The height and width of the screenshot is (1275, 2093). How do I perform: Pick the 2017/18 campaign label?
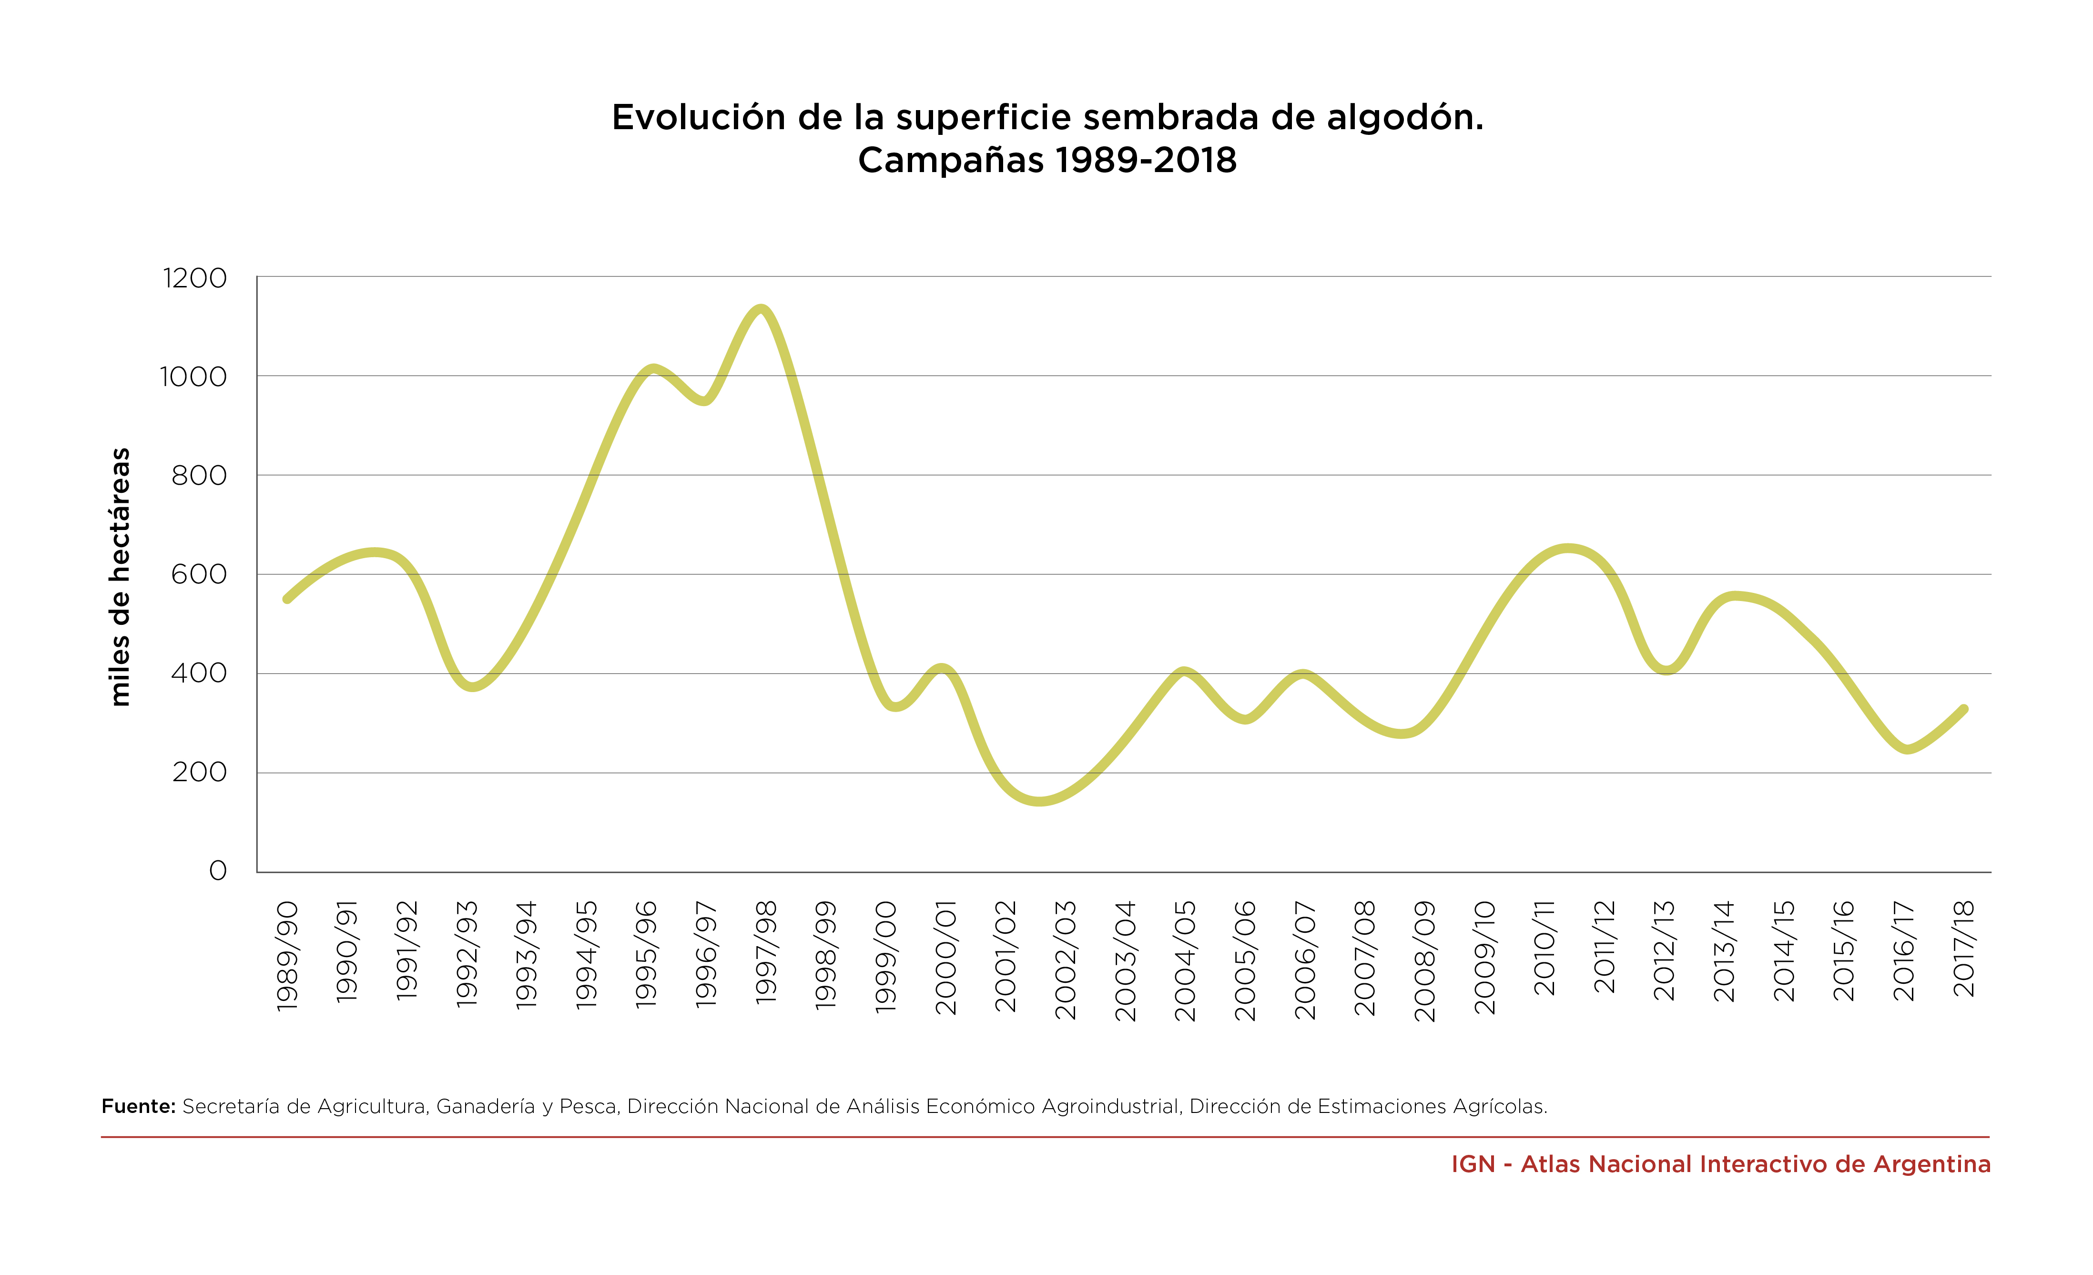(x=1964, y=949)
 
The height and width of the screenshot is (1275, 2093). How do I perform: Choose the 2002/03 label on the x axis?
(x=1065, y=960)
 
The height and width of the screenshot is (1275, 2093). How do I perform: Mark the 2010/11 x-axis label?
(x=1544, y=948)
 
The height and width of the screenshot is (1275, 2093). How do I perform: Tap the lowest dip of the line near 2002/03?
(x=1040, y=801)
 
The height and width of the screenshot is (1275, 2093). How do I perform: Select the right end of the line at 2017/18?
(x=1964, y=708)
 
